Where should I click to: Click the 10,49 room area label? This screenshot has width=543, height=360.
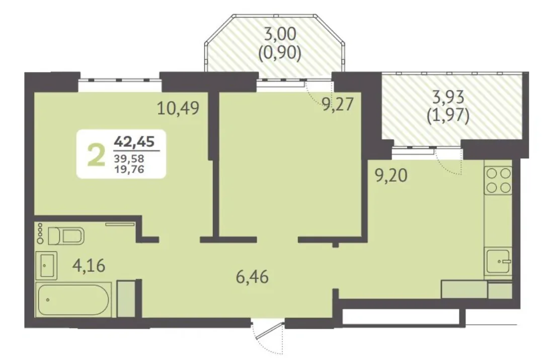tap(178, 108)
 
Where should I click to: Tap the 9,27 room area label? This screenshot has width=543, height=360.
tap(338, 104)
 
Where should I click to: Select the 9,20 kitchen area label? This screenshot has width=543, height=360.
tap(392, 175)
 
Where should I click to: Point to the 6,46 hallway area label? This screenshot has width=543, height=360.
tap(252, 277)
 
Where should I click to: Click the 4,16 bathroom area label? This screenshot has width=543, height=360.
tap(89, 266)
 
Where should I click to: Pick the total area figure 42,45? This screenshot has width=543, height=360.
tap(134, 142)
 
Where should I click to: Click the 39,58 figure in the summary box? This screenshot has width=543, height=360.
tap(129, 159)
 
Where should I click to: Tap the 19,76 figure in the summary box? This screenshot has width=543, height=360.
tap(129, 169)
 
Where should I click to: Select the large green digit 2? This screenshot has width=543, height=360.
tap(96, 155)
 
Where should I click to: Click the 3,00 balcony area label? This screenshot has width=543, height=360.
tap(280, 34)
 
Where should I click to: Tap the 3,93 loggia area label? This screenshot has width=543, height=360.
tap(448, 97)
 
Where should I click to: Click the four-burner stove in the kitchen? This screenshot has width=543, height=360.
tap(498, 181)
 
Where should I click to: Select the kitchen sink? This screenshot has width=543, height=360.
tap(498, 261)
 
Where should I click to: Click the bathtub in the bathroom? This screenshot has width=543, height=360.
tap(73, 300)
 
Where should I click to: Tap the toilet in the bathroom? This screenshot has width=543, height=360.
tap(66, 236)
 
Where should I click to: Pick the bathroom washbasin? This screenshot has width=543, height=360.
tap(46, 265)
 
